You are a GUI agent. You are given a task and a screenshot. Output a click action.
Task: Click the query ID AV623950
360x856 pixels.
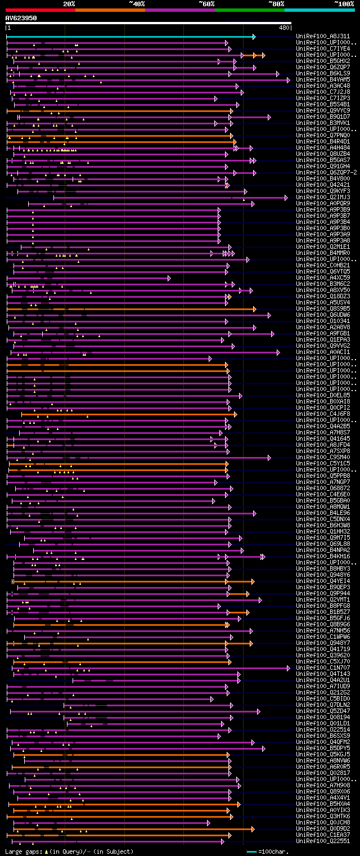pos(21,18)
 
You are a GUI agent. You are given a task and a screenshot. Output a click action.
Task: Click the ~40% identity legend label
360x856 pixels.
pos(137,4)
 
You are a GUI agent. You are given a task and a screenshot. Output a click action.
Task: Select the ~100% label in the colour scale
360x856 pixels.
pos(344,4)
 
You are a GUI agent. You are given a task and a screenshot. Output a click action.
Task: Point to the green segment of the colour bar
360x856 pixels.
pos(249,10)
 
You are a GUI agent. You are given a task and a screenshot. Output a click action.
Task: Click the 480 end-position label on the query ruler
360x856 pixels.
pos(284,28)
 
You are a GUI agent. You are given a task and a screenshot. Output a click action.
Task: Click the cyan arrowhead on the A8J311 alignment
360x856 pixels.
pos(254,37)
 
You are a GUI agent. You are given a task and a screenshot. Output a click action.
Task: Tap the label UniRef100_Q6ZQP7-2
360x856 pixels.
pos(326,173)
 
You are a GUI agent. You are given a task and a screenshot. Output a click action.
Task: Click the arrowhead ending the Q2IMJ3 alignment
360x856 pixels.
pos(286,198)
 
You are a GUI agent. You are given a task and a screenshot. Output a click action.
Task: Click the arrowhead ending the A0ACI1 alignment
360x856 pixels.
pos(278,352)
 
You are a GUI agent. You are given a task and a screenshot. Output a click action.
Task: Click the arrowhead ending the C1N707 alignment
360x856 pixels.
pos(290,668)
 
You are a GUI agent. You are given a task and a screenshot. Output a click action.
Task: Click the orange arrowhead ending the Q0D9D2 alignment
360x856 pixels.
pos(254,829)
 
